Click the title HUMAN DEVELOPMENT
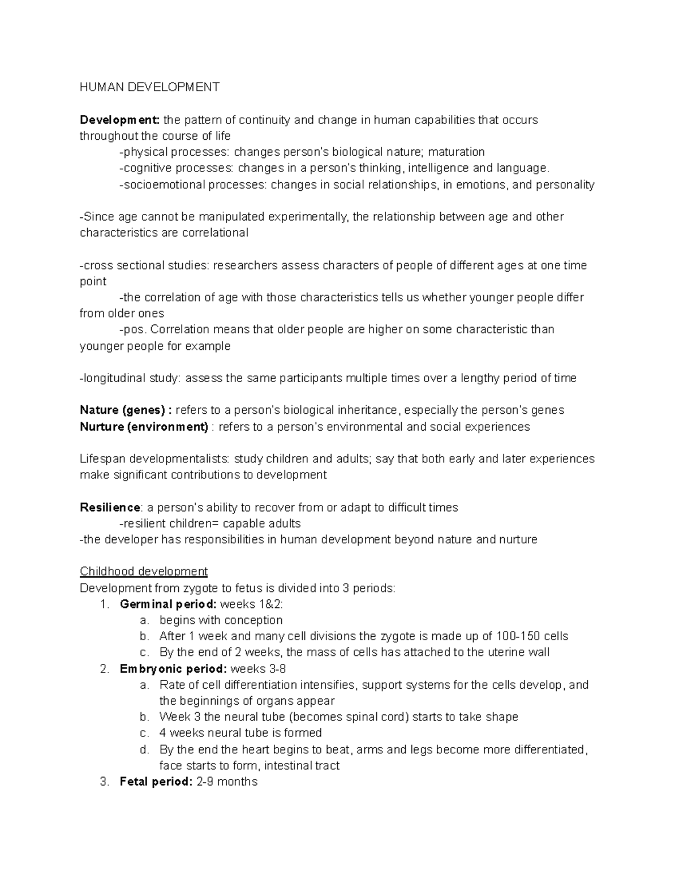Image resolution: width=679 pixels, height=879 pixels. tap(149, 87)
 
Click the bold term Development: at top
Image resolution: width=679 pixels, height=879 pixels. tap(120, 120)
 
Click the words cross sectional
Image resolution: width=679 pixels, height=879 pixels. tap(117, 265)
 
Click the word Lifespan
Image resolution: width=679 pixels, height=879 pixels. tap(101, 458)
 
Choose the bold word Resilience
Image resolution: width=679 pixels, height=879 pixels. tap(110, 507)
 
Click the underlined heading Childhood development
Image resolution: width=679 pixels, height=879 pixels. tap(144, 571)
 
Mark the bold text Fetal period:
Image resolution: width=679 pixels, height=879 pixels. tap(156, 782)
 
